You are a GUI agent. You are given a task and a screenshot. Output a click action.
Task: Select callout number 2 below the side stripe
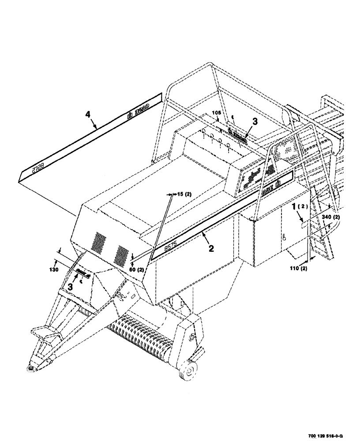point(211,249)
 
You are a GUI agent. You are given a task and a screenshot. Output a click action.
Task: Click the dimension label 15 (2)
point(182,194)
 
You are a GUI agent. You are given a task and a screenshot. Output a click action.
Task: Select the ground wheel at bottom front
point(187,370)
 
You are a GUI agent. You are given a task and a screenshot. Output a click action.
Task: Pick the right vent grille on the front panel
point(120,255)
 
